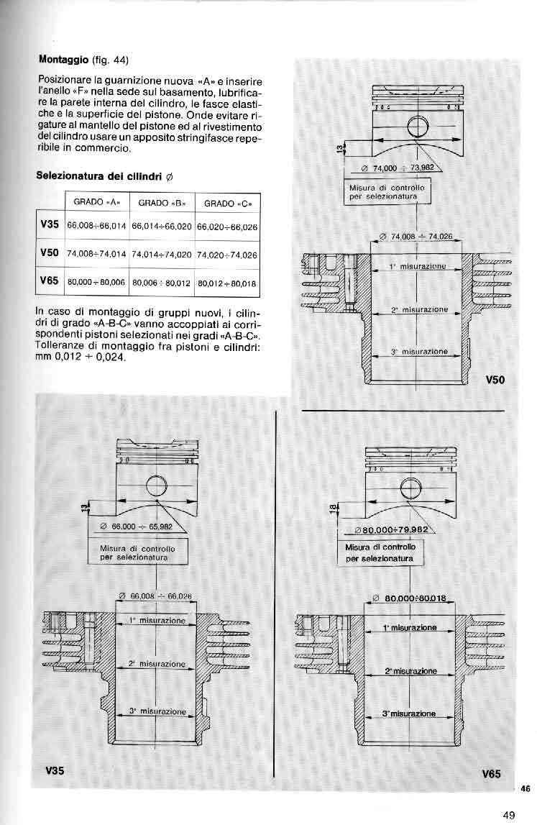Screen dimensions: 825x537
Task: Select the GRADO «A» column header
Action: [98, 202]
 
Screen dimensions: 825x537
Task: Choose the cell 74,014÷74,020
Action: [162, 254]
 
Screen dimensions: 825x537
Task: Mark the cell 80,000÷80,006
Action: [97, 283]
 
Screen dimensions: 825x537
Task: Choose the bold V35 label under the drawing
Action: [54, 770]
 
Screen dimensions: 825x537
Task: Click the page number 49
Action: [509, 815]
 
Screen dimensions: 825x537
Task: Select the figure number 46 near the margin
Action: [525, 789]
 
